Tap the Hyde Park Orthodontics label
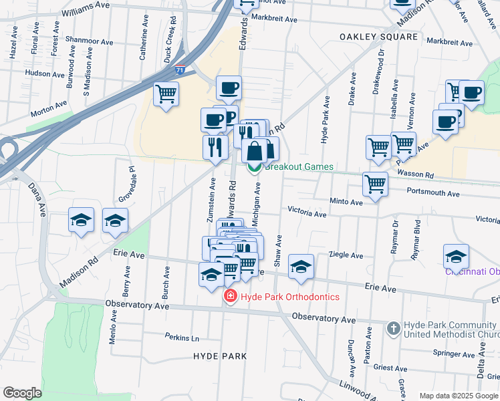(290, 297)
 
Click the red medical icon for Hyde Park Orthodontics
(230, 296)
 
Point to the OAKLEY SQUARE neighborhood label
(378, 37)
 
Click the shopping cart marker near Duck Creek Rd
(166, 94)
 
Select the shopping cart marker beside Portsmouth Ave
(375, 184)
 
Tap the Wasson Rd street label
(415, 175)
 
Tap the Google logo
(22, 393)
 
